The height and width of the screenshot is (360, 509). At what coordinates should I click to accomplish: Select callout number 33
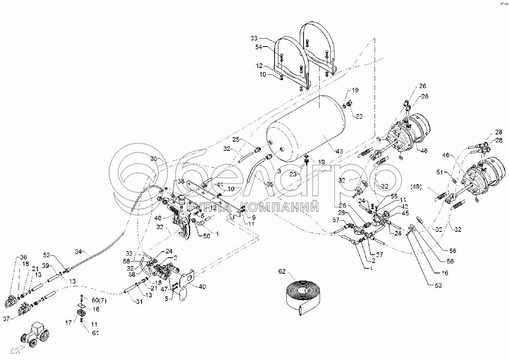click(254, 38)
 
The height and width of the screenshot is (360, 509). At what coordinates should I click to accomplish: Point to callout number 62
click(282, 272)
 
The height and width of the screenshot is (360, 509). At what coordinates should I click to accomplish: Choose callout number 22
click(359, 116)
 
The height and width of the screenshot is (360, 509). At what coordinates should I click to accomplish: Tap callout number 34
click(78, 252)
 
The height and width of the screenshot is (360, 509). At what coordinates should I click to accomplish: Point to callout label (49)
click(416, 187)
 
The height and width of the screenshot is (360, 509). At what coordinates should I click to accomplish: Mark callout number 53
click(438, 285)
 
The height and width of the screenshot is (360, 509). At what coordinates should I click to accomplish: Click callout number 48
click(158, 218)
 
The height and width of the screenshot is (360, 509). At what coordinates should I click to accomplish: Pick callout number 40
click(202, 286)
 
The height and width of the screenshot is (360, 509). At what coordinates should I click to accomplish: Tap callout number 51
click(440, 172)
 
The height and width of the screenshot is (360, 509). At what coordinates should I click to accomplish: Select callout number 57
click(336, 220)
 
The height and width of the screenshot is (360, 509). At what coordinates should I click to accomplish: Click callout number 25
click(236, 140)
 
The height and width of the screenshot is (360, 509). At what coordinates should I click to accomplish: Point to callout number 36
click(24, 257)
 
